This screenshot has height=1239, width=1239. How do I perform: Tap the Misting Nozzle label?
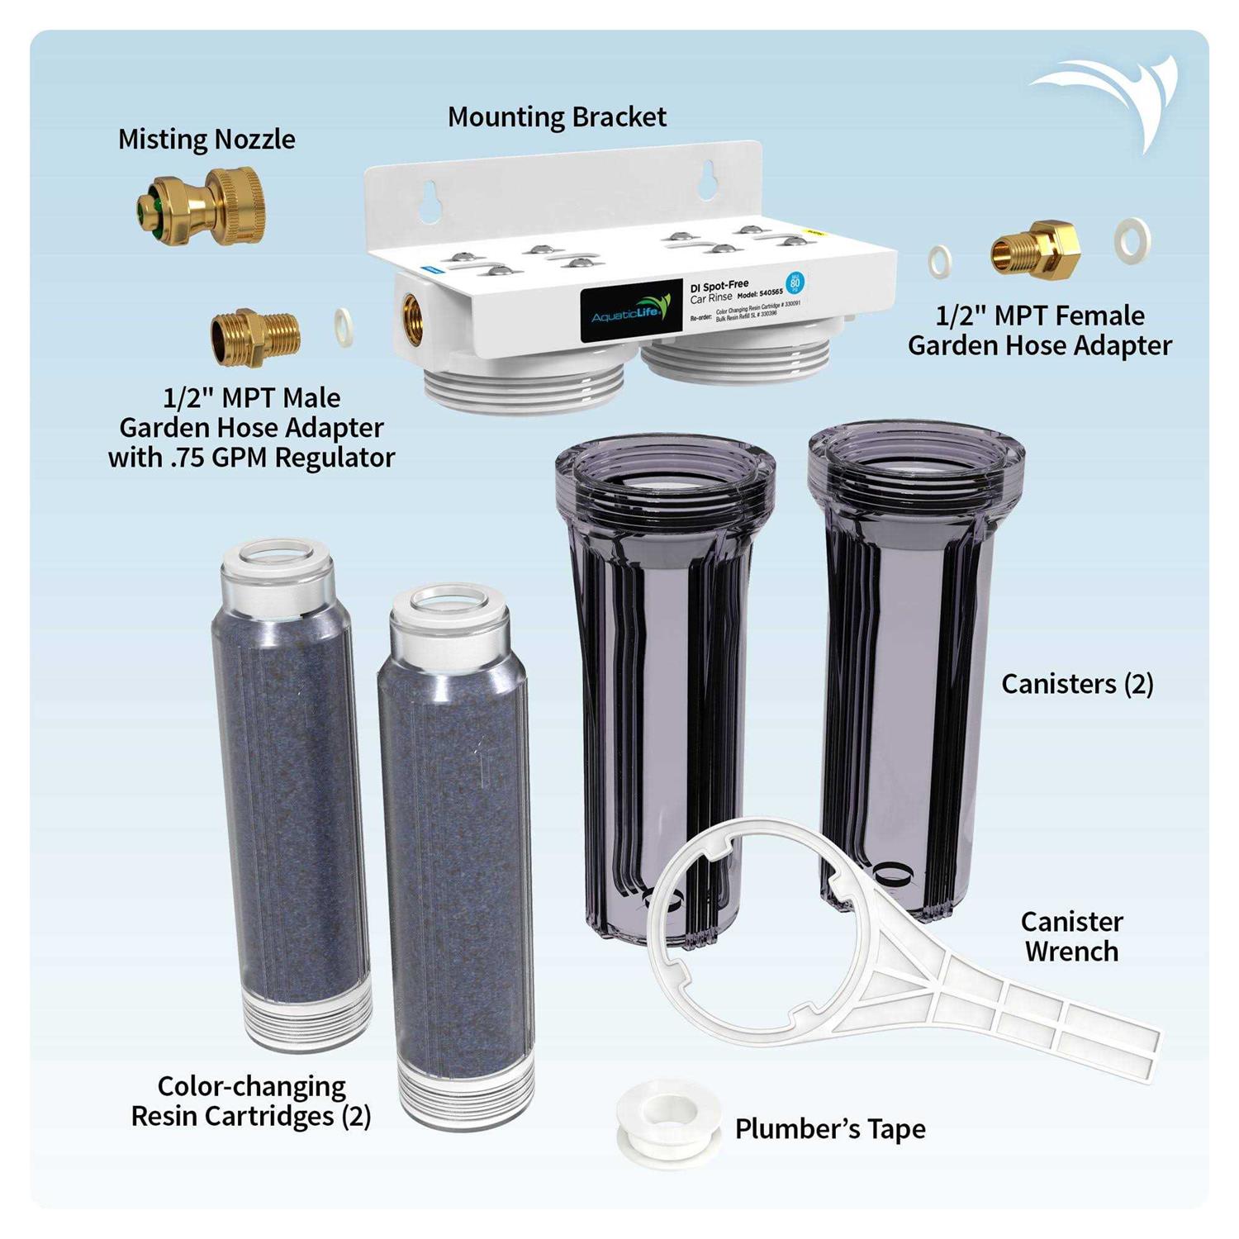[206, 139]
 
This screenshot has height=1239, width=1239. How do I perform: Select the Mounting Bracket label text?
[557, 117]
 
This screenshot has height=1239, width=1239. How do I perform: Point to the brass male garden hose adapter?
[254, 337]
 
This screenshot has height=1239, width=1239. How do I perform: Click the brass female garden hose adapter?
[1035, 247]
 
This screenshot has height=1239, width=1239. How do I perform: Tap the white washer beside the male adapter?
[344, 327]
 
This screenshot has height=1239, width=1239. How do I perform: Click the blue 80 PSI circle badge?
[795, 283]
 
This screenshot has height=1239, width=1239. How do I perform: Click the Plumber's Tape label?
[830, 1129]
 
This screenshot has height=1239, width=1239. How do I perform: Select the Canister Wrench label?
[1071, 936]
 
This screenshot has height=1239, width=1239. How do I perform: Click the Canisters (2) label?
[1076, 684]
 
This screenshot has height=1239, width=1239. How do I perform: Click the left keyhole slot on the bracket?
[430, 202]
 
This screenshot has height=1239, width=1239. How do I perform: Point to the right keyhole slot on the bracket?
[706, 180]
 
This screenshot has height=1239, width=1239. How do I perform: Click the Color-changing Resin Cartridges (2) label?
[251, 1101]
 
